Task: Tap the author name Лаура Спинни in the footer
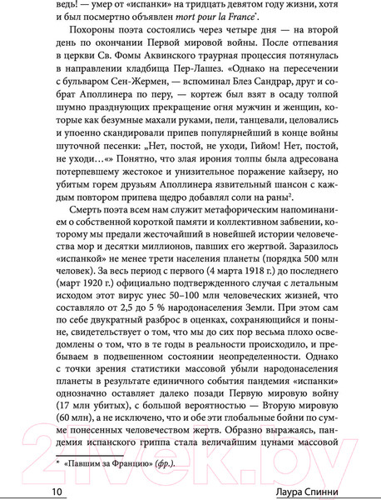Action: click(324, 492)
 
